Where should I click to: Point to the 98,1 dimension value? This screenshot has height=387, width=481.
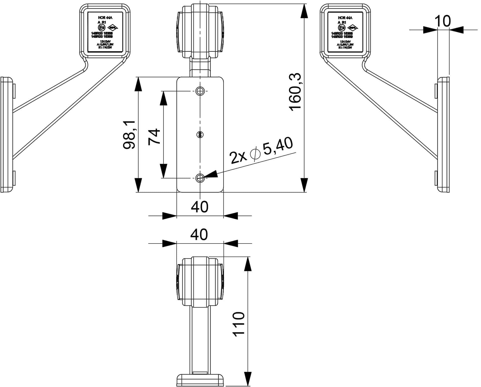130,135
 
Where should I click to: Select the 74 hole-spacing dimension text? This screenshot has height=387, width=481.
154,136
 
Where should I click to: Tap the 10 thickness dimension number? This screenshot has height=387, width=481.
443,21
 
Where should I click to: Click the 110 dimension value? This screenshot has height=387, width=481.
238,324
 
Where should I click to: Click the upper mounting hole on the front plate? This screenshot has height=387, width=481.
200,91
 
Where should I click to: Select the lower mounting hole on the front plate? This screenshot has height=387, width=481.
200,178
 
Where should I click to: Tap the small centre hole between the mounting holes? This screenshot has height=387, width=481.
200,135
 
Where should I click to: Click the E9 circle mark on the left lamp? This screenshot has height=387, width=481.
102,27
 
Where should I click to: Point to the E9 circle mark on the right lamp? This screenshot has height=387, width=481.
342,27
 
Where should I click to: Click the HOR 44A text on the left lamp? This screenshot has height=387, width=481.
105,18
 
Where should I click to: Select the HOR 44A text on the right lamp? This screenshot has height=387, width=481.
345,18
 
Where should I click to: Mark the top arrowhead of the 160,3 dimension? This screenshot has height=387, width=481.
304,11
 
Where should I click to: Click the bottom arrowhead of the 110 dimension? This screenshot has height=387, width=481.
248,379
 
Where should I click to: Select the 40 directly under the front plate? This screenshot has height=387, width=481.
200,207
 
